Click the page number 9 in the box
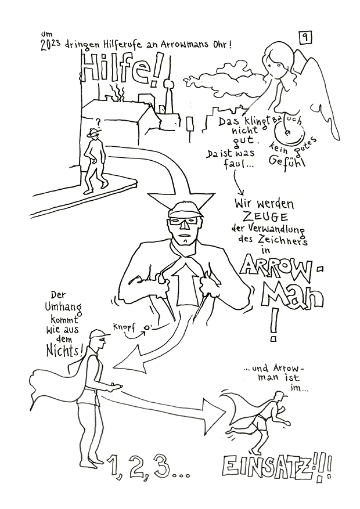(305, 38)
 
